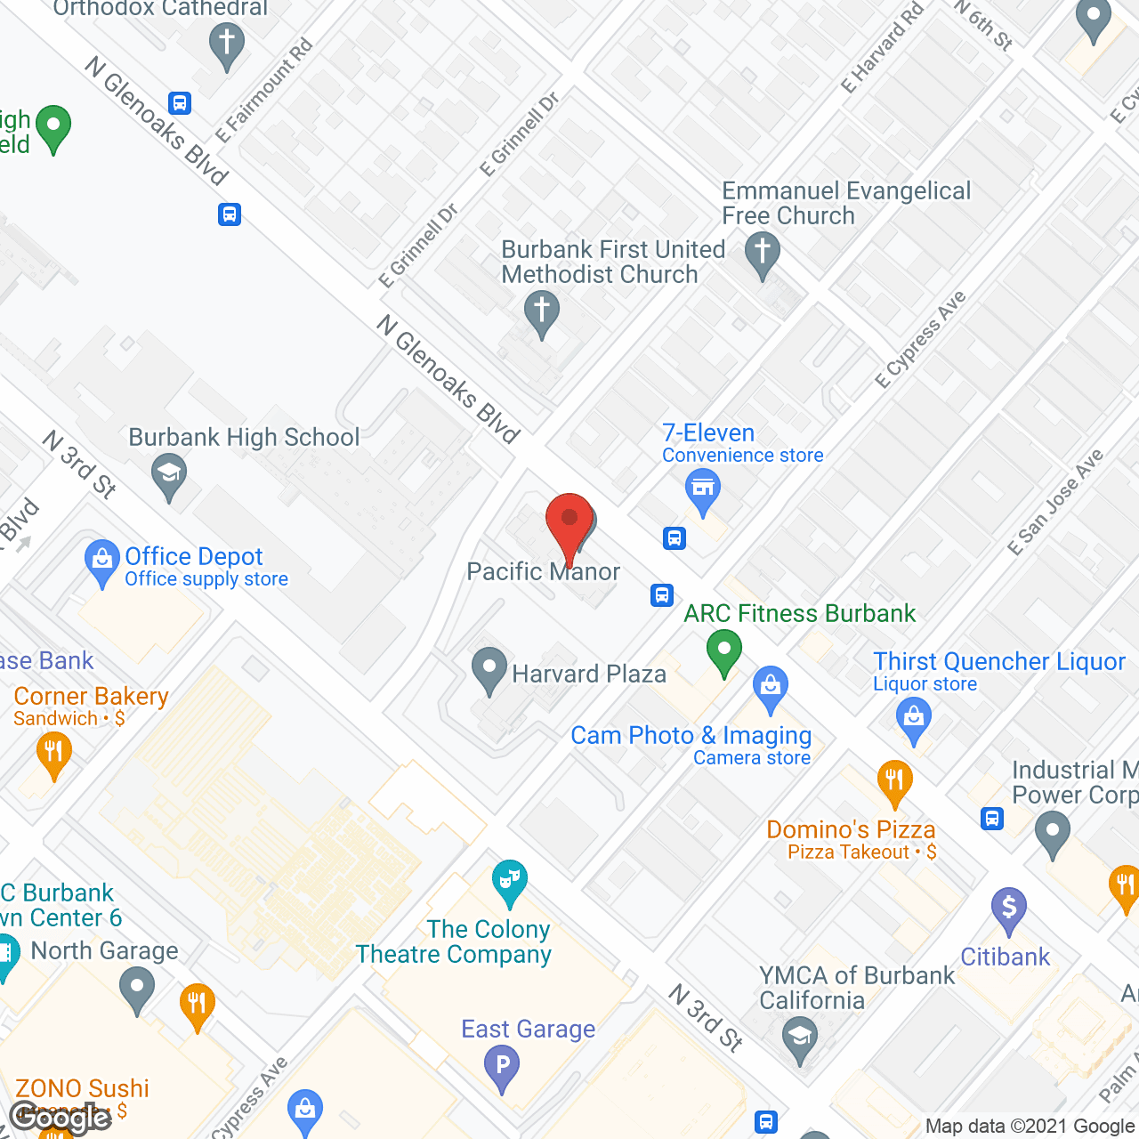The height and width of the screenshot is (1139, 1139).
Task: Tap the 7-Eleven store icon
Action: tap(703, 488)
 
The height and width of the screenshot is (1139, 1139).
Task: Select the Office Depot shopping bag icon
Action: tap(101, 561)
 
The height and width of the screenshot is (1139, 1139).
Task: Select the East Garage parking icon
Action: tap(502, 1064)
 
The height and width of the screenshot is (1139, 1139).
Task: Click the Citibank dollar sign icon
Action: tap(1009, 908)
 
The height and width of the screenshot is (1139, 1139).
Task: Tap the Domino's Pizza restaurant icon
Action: tap(894, 781)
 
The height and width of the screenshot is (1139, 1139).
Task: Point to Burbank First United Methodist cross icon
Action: tap(541, 312)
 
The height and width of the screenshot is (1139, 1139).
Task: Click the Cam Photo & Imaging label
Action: tap(691, 736)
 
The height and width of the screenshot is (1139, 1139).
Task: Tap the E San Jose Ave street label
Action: tap(1055, 503)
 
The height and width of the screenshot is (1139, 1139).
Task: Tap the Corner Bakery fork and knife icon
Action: tap(53, 753)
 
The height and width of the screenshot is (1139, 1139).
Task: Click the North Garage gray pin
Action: tap(136, 988)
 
